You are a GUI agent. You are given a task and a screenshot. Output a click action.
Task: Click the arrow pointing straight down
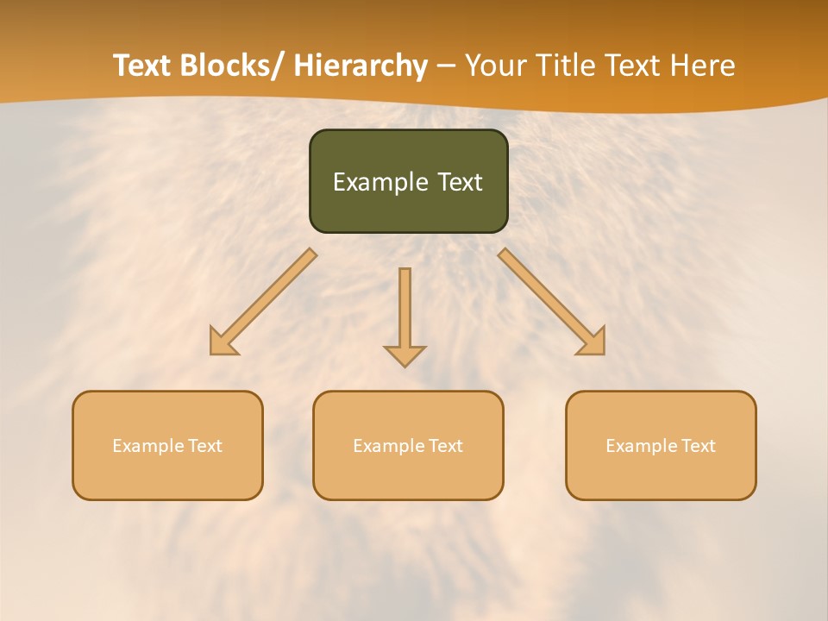[405, 315]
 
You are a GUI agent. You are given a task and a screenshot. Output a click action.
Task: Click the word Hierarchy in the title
[360, 66]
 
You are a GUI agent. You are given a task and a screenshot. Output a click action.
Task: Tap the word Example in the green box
[379, 183]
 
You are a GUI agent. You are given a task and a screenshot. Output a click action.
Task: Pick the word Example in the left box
[148, 446]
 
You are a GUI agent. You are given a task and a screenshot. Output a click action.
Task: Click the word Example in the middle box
[389, 446]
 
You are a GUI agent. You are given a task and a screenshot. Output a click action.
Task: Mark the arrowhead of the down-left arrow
[222, 342]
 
